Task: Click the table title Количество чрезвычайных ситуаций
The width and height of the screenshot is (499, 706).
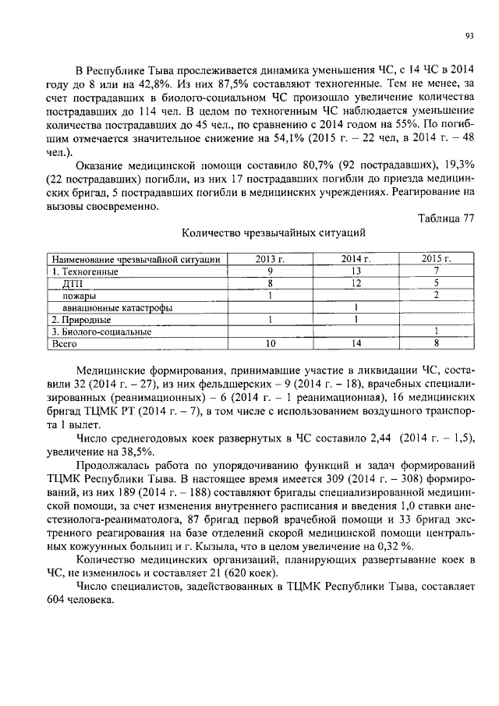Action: click(x=273, y=232)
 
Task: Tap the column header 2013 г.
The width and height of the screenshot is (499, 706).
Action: click(x=270, y=259)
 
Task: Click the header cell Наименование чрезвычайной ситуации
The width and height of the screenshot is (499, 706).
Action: click(x=136, y=259)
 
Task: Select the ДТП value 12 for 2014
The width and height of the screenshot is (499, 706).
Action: click(x=356, y=283)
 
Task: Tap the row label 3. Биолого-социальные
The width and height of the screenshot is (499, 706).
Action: click(x=101, y=332)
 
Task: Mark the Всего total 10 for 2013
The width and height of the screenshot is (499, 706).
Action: click(x=270, y=343)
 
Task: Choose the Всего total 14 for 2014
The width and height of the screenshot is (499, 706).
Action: click(x=356, y=343)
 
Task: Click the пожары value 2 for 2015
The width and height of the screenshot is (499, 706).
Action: click(x=437, y=296)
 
